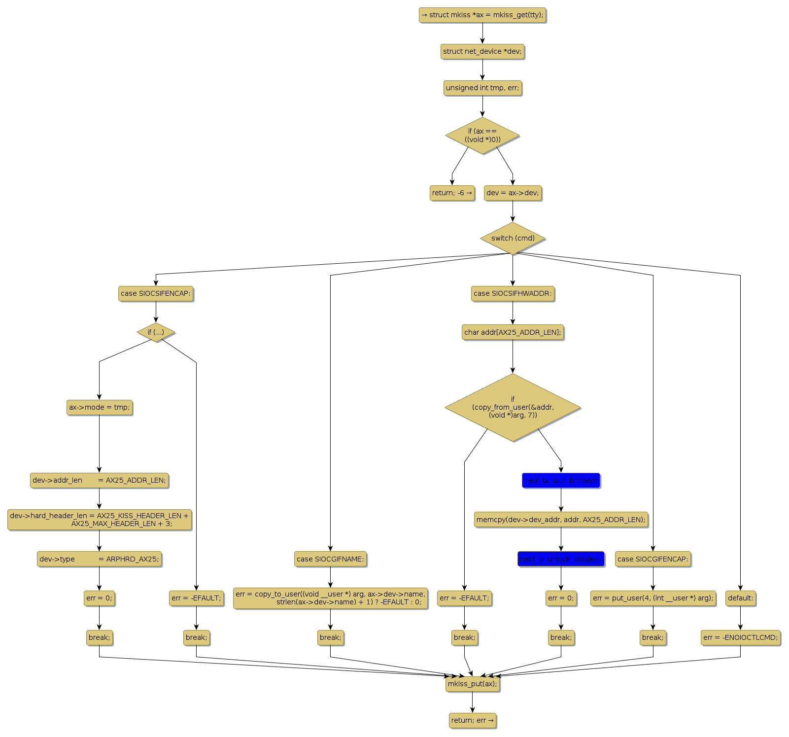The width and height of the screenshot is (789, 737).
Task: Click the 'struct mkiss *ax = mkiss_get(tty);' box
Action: pyautogui.click(x=482, y=15)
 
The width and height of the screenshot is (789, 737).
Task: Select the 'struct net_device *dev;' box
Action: pyautogui.click(x=482, y=51)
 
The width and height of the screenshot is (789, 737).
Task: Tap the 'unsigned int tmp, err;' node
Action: pyautogui.click(x=482, y=88)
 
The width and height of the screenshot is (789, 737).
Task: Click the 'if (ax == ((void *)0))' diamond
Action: pyautogui.click(x=482, y=136)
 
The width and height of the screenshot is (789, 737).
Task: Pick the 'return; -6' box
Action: pyautogui.click(x=452, y=193)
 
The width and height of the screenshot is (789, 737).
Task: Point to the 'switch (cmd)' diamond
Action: pyautogui.click(x=513, y=238)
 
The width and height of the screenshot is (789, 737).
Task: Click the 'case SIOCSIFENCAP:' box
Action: pyautogui.click(x=156, y=293)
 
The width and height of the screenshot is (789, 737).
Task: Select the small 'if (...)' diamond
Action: pyautogui.click(x=156, y=332)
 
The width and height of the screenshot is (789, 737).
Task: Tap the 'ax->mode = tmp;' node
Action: pyautogui.click(x=99, y=407)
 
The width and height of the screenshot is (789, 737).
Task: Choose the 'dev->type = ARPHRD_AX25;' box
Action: pyautogui.click(x=99, y=559)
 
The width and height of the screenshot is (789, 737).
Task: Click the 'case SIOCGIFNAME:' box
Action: pyautogui.click(x=330, y=559)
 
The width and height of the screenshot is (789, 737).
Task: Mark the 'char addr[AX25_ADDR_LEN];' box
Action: pyautogui.click(x=513, y=332)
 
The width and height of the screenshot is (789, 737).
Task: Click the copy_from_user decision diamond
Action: pyautogui.click(x=513, y=407)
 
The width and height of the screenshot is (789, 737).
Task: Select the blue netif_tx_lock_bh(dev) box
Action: pyautogui.click(x=561, y=480)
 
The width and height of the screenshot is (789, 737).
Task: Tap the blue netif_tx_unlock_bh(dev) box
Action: pyautogui.click(x=561, y=559)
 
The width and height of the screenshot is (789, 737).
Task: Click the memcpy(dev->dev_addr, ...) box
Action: pyautogui.click(x=561, y=520)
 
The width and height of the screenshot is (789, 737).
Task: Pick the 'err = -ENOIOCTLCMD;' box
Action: pyautogui.click(x=740, y=637)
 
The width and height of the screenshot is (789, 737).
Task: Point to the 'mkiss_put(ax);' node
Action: pyautogui.click(x=472, y=684)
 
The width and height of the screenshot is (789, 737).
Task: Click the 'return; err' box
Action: pyautogui.click(x=472, y=720)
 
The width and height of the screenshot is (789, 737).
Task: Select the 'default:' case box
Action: pyautogui.click(x=740, y=598)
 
